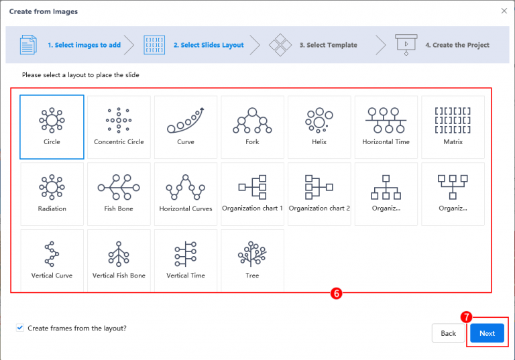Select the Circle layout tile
tap(52, 126)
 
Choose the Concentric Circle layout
tap(119, 126)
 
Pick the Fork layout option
tap(252, 126)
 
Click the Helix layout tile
tap(319, 126)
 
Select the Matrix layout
tap(453, 126)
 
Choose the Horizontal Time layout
tap(386, 126)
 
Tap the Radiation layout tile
tap(52, 193)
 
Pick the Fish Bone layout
tap(119, 193)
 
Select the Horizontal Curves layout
tap(186, 193)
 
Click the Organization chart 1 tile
tap(252, 193)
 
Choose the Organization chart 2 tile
tap(319, 193)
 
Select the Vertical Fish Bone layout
tap(119, 260)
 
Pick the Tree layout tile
tap(252, 260)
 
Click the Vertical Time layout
tap(186, 260)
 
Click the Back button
tap(448, 333)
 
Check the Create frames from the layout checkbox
tap(19, 328)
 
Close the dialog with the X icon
tap(504, 11)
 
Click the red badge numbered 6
tap(337, 294)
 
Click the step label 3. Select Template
tap(328, 45)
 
